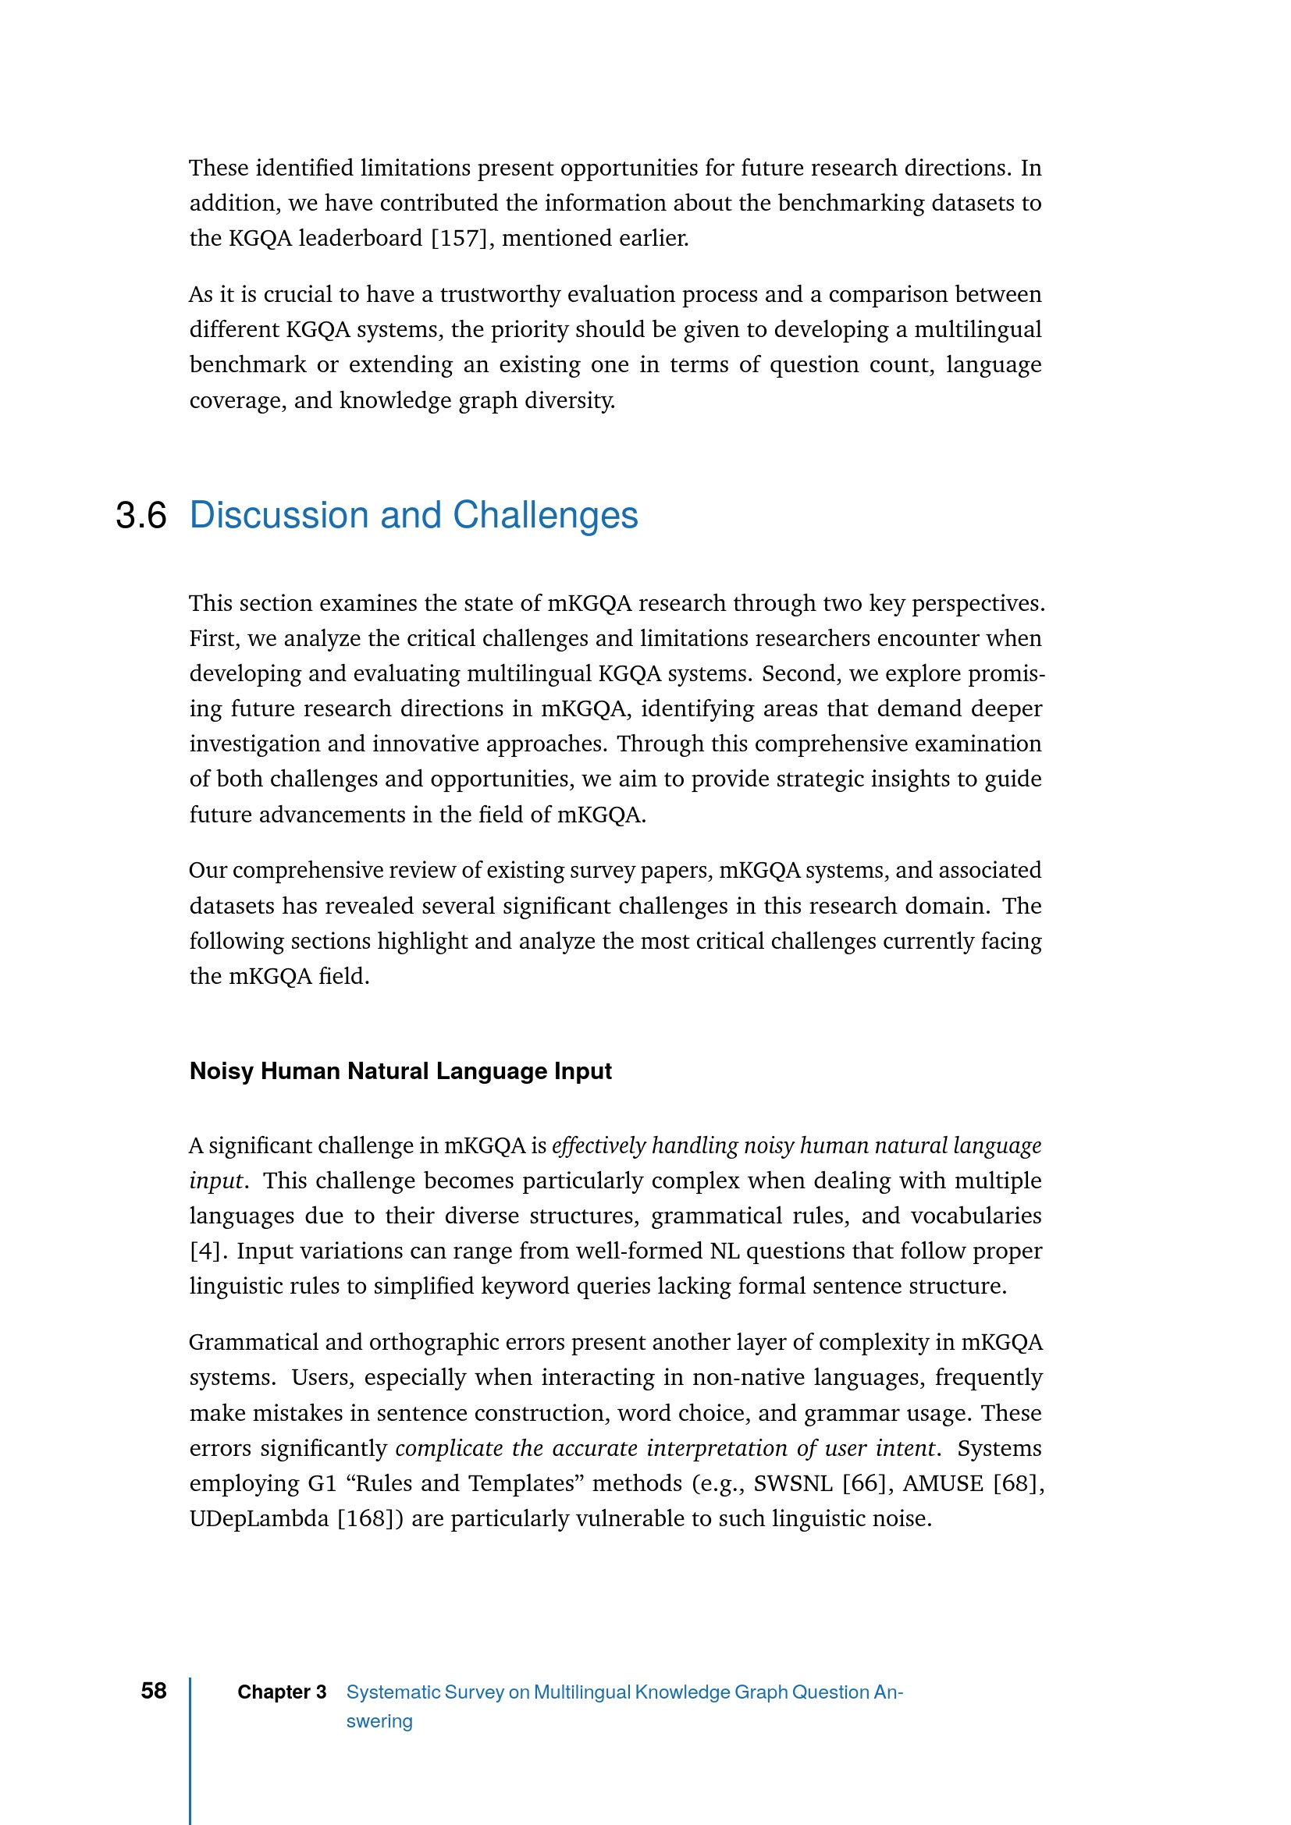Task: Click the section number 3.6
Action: [140, 516]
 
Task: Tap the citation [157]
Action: [459, 239]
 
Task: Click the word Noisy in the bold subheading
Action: [222, 1071]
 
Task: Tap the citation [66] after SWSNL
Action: [864, 1483]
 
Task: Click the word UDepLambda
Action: [258, 1519]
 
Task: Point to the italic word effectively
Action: [598, 1146]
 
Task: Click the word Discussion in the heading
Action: [281, 516]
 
